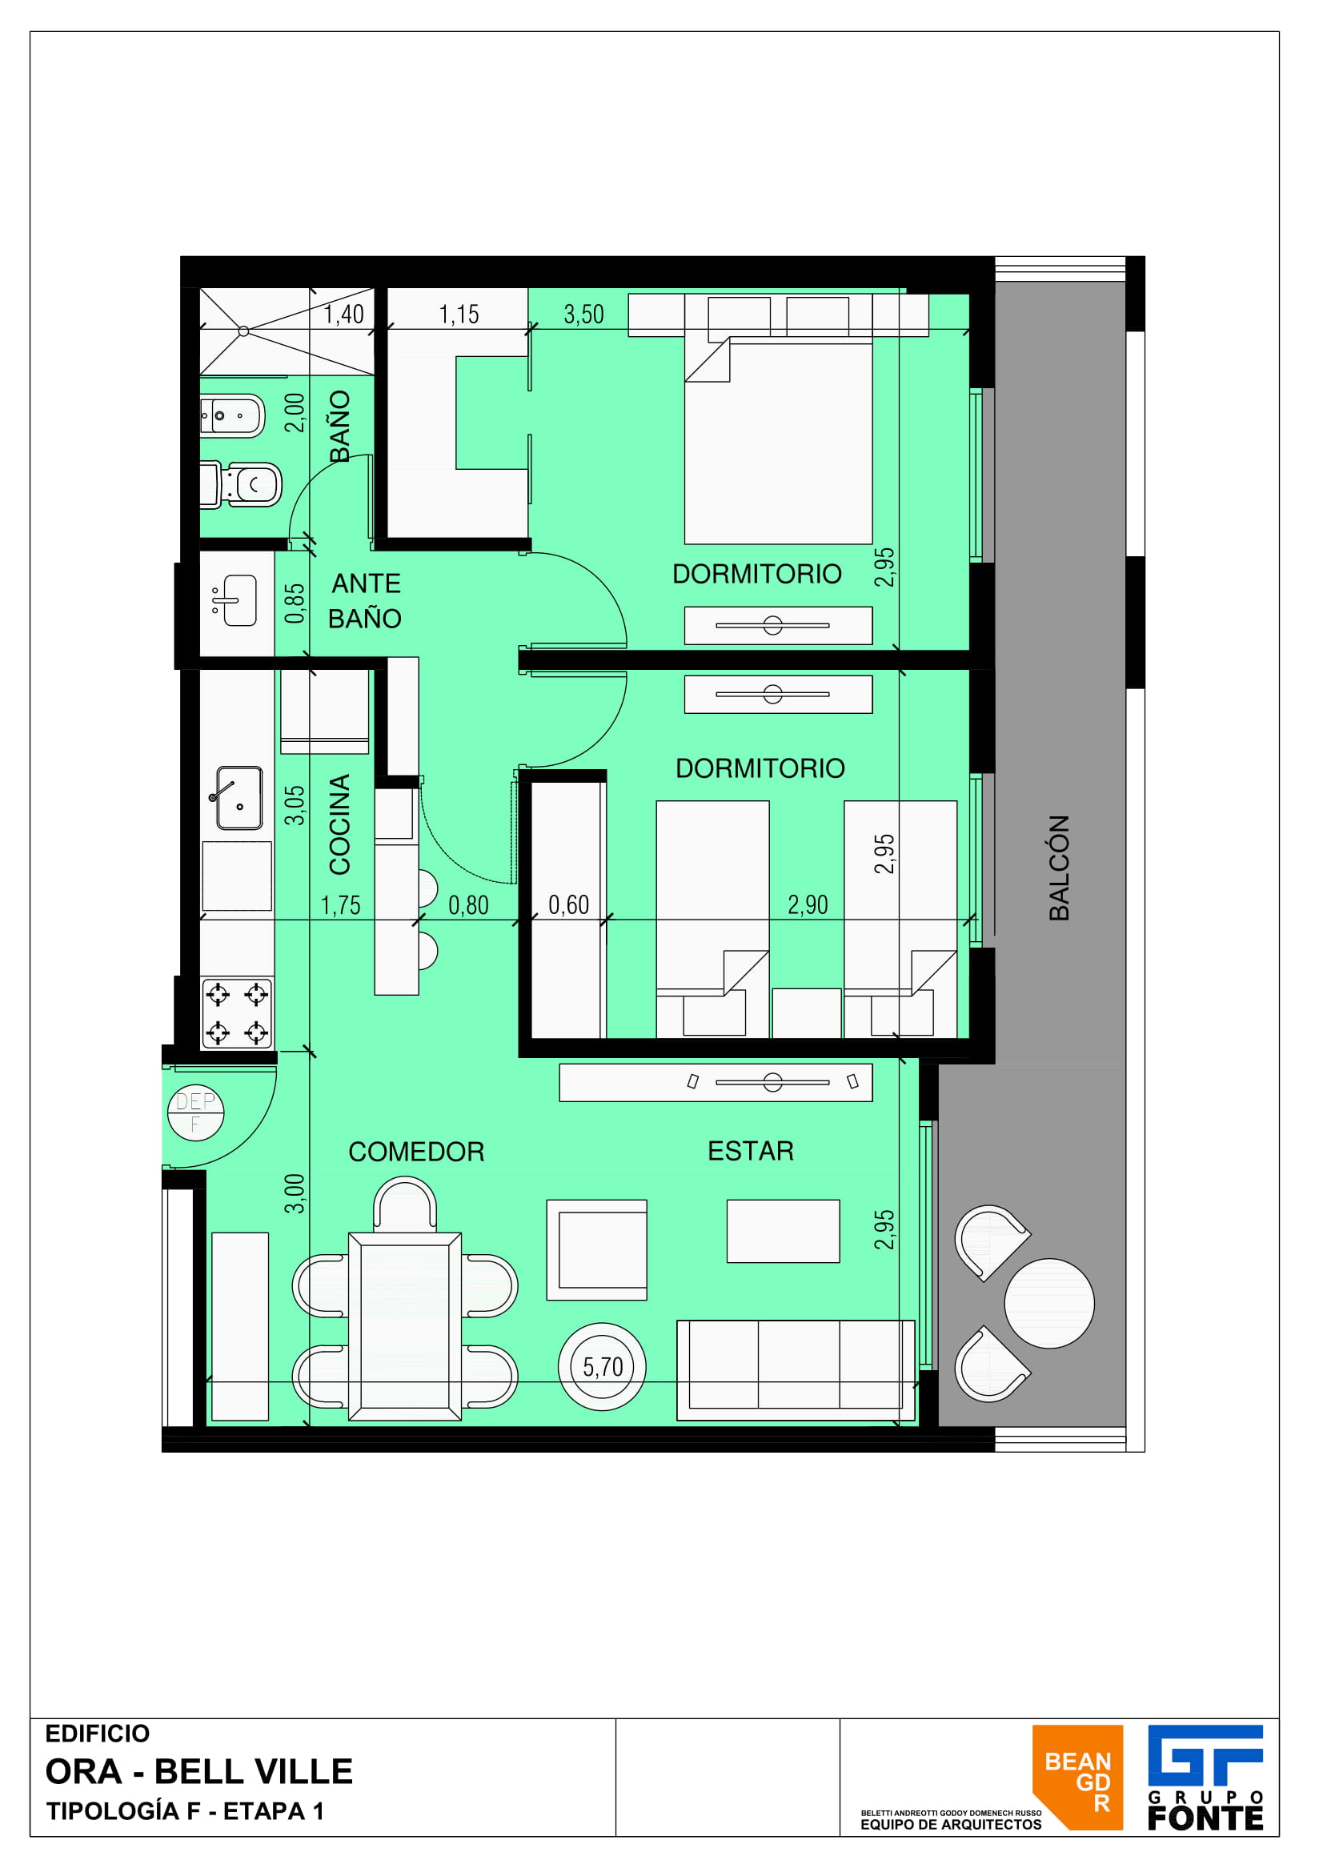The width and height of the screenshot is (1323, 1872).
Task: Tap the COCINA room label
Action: point(339,824)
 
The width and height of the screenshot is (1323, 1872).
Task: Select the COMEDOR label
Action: point(416,1151)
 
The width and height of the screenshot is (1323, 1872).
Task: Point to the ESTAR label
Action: point(751,1150)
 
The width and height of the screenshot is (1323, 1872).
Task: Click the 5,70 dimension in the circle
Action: point(603,1366)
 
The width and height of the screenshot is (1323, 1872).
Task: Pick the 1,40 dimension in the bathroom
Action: point(344,314)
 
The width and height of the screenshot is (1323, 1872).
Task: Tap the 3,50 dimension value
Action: point(583,314)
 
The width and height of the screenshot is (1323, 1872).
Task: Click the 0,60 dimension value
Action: point(568,904)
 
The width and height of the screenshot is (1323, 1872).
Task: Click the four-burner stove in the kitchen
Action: point(236,1013)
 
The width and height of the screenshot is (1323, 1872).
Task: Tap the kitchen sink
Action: point(239,797)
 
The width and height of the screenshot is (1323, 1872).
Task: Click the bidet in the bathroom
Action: point(233,416)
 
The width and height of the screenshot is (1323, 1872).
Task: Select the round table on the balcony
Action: point(1049,1303)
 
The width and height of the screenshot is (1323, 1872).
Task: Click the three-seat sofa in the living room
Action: point(796,1369)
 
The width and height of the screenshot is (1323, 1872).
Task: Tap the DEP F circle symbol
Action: point(195,1113)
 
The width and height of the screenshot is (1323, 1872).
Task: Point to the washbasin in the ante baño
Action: point(235,600)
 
